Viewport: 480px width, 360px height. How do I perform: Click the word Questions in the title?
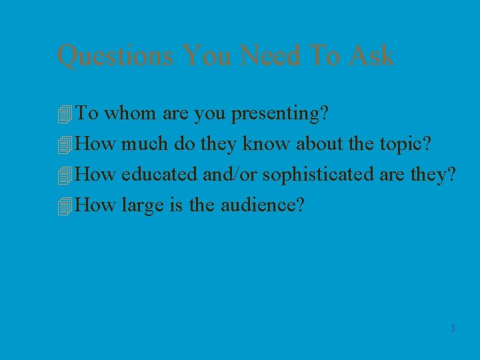coord(115,55)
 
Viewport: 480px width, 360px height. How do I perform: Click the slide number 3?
coord(453,328)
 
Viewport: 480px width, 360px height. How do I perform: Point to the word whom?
coord(131,114)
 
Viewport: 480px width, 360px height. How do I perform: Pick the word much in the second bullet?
coord(145,144)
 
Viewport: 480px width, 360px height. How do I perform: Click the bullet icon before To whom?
coord(64,115)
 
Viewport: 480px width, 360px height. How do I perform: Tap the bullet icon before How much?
coord(64,145)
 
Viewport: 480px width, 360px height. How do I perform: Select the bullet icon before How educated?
coord(64,176)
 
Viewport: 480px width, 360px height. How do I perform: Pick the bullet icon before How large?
coord(64,207)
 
